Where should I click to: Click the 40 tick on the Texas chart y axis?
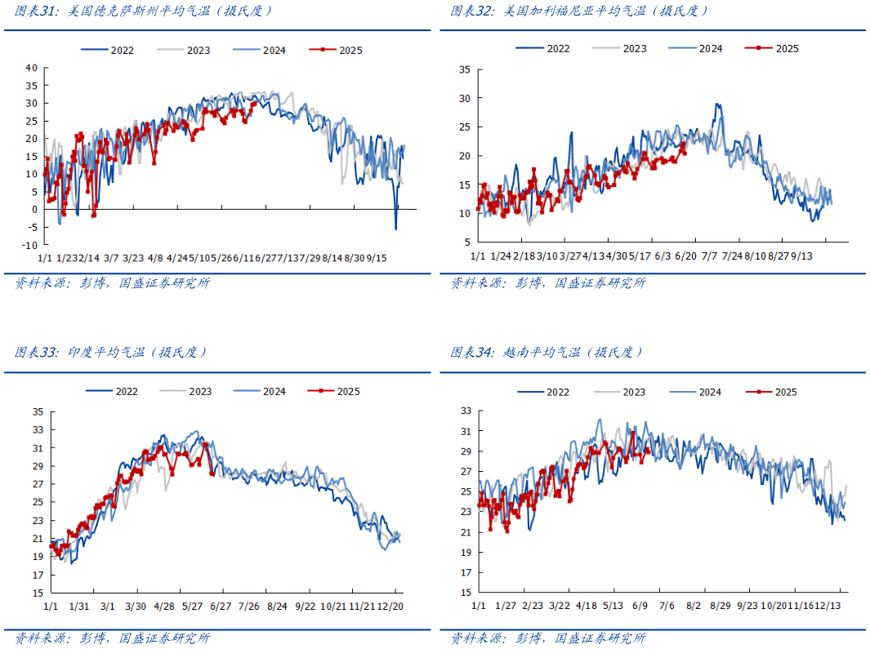coord(32,67)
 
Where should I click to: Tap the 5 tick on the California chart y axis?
coord(466,242)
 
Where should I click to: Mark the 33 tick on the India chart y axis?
coord(37,429)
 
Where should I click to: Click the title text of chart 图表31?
coord(144,11)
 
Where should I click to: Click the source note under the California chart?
coord(548,283)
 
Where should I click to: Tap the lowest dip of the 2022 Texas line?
coord(396,229)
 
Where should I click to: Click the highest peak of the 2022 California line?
coord(717,104)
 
